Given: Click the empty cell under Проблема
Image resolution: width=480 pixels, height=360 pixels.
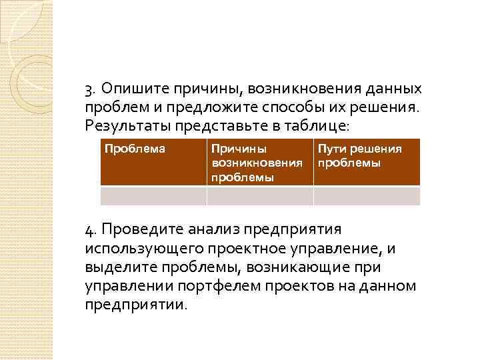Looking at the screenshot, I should [x=153, y=195].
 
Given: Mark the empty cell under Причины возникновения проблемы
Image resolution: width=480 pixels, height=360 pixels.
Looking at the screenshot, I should [x=259, y=195].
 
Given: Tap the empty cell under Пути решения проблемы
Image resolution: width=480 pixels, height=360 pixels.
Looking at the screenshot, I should [x=366, y=195].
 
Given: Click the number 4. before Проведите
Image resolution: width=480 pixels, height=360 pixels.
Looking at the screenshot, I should [x=91, y=230].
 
